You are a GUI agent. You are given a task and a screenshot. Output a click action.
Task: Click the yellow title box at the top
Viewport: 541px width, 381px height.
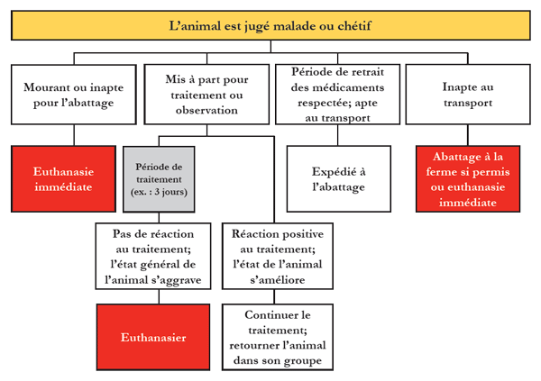(x=270, y=25)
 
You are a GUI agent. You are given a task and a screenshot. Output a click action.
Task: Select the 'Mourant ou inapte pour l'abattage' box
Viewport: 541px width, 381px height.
(x=74, y=95)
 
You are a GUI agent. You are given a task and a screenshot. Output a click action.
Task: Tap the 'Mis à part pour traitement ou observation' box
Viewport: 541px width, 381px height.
(x=206, y=95)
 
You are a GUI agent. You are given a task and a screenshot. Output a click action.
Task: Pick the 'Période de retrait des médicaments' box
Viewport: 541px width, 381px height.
(x=337, y=95)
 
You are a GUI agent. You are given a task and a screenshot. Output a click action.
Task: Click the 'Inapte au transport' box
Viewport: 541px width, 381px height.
(x=468, y=95)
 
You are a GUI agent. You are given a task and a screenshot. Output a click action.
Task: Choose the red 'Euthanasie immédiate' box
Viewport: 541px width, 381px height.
(x=63, y=179)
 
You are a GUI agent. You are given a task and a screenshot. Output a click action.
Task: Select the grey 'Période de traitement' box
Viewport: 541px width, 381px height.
(x=159, y=179)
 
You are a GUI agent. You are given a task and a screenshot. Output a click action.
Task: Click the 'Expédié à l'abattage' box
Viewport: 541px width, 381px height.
(x=338, y=179)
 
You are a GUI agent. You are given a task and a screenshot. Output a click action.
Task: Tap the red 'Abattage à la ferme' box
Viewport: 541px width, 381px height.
(x=468, y=179)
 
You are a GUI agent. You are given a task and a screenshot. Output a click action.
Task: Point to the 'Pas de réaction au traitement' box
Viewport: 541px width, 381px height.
(x=153, y=256)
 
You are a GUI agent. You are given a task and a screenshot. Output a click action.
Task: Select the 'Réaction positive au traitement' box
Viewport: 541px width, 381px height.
(x=278, y=256)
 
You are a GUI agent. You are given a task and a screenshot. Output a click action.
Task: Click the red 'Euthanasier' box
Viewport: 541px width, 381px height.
(x=153, y=337)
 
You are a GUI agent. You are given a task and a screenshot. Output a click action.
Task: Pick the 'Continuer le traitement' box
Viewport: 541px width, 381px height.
(x=278, y=337)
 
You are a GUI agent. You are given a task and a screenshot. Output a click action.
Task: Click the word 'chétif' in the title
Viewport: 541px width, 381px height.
(x=354, y=25)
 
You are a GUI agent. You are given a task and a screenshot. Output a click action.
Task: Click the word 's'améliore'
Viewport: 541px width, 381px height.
(x=278, y=279)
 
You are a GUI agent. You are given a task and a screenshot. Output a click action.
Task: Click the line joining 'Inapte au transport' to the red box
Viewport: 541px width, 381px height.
(x=468, y=135)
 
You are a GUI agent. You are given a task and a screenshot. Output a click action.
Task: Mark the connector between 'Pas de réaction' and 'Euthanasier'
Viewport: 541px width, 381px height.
(x=159, y=297)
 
